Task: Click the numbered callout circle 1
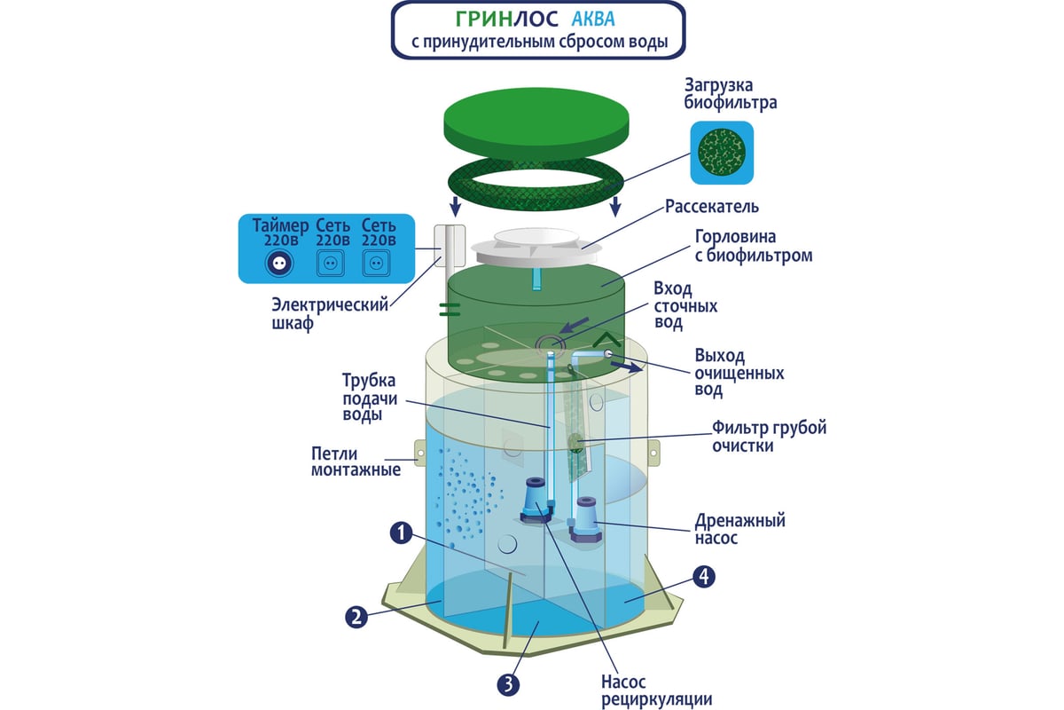(x=401, y=532)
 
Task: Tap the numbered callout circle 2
(x=356, y=618)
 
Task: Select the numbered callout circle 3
(x=508, y=685)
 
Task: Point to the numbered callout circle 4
(x=703, y=577)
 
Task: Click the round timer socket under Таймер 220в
(x=279, y=263)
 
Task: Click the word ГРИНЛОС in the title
(x=507, y=19)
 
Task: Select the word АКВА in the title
(x=593, y=19)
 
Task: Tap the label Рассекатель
(x=711, y=207)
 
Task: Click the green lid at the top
(x=536, y=123)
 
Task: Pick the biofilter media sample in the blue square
(x=722, y=153)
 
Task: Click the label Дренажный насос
(x=739, y=529)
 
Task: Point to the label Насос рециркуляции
(x=656, y=690)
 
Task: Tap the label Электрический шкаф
(x=330, y=314)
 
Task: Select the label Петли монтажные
(x=356, y=461)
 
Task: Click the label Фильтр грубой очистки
(x=769, y=437)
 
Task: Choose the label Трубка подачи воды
(x=370, y=397)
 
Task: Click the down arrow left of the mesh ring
(x=456, y=206)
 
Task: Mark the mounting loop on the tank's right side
(x=653, y=454)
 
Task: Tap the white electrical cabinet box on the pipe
(x=450, y=245)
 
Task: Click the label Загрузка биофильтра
(x=730, y=94)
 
